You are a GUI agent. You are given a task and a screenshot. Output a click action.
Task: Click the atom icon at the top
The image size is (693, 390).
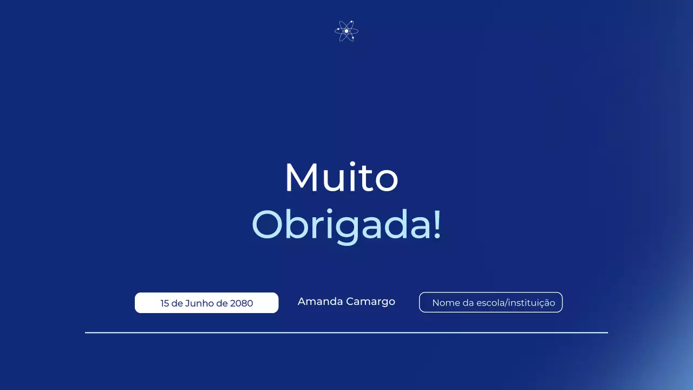click(346, 31)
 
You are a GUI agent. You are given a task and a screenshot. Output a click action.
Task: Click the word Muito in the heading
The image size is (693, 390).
click(341, 178)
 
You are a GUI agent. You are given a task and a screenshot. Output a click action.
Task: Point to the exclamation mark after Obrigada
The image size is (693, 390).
click(437, 224)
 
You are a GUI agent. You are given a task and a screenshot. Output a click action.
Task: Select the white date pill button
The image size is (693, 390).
click(206, 303)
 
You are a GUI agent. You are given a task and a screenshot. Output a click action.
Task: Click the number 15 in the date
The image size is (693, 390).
click(165, 303)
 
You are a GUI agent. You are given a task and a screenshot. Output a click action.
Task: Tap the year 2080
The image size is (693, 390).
click(241, 303)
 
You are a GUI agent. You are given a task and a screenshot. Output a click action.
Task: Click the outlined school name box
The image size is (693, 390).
click(491, 302)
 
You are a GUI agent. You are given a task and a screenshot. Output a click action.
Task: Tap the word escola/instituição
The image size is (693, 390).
click(516, 303)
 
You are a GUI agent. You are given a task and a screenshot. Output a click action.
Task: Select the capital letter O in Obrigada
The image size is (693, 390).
click(269, 224)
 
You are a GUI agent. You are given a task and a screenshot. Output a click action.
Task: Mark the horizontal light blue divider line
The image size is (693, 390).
click(346, 333)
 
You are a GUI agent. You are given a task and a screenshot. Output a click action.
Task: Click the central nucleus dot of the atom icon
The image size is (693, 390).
click(346, 31)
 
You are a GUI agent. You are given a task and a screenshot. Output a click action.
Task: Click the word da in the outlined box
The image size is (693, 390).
click(468, 303)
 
